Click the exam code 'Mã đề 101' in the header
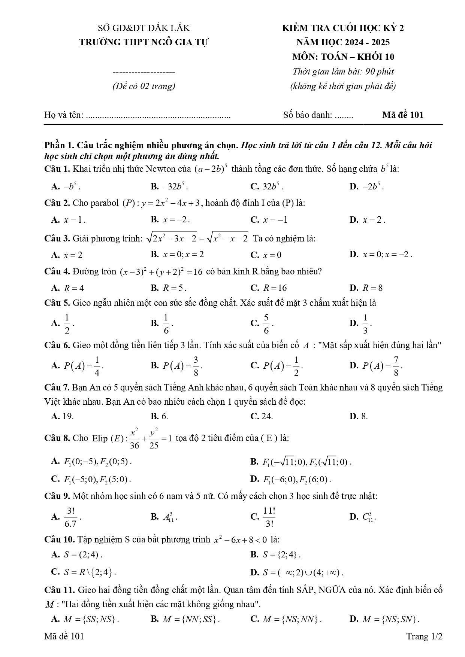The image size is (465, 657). click(402, 115)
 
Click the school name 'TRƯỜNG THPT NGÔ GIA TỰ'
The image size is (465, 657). click(144, 42)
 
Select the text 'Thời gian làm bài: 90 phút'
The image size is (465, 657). click(343, 72)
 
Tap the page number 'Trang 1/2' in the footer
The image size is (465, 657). click(424, 636)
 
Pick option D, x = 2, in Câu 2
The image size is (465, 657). click(373, 220)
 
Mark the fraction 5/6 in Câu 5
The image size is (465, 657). click(266, 323)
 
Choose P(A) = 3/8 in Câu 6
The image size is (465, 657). click(182, 366)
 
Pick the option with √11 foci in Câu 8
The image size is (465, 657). click(306, 462)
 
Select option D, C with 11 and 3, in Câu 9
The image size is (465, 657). click(368, 517)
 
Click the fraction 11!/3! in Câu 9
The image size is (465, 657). click(269, 517)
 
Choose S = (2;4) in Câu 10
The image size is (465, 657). click(83, 554)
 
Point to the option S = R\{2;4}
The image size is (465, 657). click(89, 572)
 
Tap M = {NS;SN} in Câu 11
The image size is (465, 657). click(390, 619)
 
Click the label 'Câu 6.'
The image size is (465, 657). click(57, 345)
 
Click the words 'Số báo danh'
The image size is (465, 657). click(307, 115)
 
